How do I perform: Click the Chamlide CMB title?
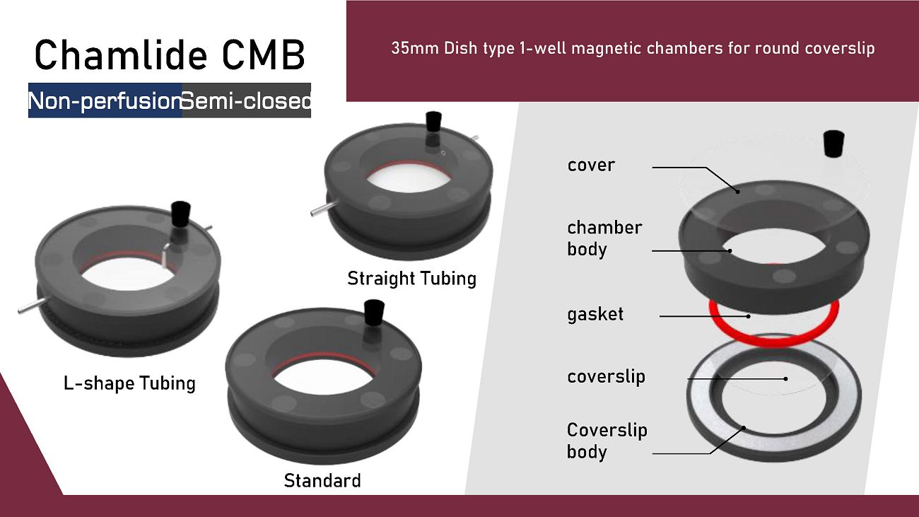[170, 54]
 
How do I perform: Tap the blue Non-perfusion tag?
[105, 100]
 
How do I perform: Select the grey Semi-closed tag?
[246, 100]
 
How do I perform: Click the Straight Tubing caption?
[411, 279]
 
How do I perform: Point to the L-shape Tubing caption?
[129, 383]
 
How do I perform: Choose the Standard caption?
[322, 480]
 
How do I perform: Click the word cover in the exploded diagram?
[591, 165]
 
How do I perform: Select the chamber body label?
[604, 238]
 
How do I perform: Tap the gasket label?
[595, 315]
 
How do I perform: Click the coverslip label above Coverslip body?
[606, 377]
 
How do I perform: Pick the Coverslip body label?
[607, 441]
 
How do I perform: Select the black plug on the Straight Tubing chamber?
[433, 122]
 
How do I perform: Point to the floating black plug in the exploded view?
[834, 144]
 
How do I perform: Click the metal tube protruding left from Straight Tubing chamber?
[324, 209]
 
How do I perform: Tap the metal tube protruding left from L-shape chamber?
[32, 306]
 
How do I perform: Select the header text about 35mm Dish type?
[633, 48]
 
